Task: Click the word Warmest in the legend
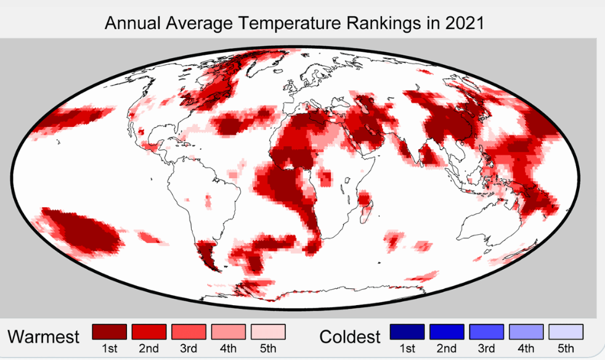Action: coord(44,337)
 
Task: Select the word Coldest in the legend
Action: coord(350,337)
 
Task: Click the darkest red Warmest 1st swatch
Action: coord(109,332)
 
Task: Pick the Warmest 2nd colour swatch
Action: coord(148,332)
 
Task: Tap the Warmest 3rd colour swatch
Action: coord(189,332)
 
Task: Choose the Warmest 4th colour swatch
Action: coord(228,332)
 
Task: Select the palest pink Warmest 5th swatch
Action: coord(268,332)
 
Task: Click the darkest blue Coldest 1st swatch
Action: coord(407,332)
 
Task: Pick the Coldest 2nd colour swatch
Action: coord(447,332)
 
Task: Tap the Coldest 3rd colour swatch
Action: coord(486,332)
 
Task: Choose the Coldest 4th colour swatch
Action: coord(526,332)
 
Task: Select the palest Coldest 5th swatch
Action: coord(566,332)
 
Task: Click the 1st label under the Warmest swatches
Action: coord(109,349)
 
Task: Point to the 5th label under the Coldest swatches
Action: coord(566,349)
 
